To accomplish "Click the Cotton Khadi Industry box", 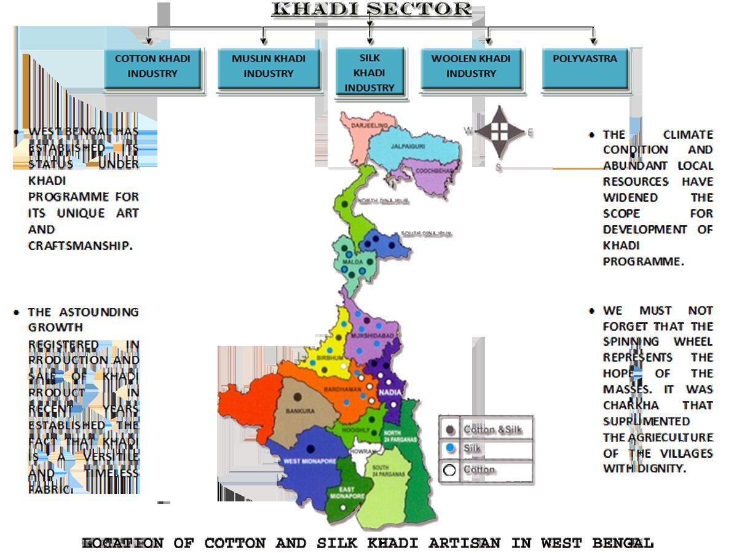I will point(152,66).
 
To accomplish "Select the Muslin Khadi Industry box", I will point(268,66).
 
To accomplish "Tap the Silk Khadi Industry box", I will point(369,73).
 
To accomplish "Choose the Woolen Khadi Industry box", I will point(471,66).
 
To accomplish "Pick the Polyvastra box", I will point(585,66).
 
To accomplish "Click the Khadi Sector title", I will point(371,9).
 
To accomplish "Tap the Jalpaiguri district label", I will point(408,146).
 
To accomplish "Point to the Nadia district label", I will point(391,392).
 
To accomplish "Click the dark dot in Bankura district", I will point(298,397).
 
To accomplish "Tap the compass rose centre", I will point(499,130).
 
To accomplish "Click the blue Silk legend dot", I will point(451,449).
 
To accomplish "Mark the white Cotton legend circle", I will point(450,470).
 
